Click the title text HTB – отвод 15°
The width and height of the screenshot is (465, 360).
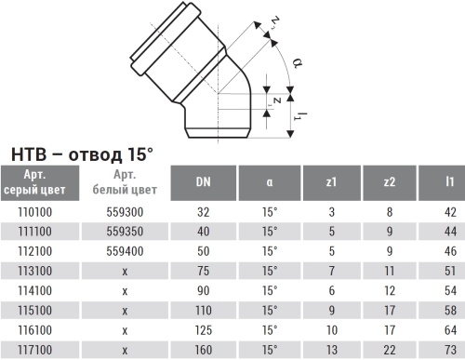82,153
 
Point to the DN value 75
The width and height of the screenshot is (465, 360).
203,270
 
